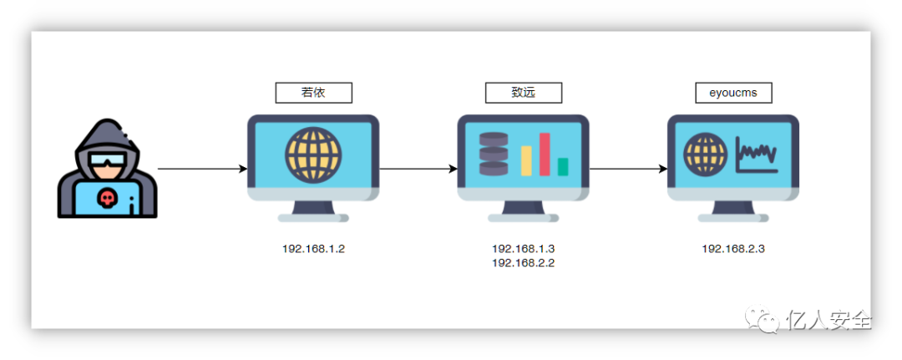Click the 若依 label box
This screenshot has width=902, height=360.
click(313, 93)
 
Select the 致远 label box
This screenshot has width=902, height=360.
click(524, 93)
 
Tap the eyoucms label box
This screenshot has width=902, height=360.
click(733, 93)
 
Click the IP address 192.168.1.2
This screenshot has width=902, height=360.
click(313, 249)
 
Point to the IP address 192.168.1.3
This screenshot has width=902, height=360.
click(524, 249)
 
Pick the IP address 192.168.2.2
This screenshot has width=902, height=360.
click(524, 262)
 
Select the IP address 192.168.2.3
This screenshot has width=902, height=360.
click(733, 249)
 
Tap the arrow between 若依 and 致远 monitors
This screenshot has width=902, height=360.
click(418, 169)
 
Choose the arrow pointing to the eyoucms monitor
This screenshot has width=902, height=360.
click(628, 169)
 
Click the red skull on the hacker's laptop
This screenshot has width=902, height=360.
click(107, 198)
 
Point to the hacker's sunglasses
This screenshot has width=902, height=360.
click(107, 160)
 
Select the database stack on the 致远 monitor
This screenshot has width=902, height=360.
click(494, 155)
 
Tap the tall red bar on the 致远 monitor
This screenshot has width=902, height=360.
click(545, 154)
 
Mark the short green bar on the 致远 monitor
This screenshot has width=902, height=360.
click(563, 166)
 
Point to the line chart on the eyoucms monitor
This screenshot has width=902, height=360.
click(757, 155)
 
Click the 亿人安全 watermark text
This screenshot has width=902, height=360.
click(829, 320)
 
